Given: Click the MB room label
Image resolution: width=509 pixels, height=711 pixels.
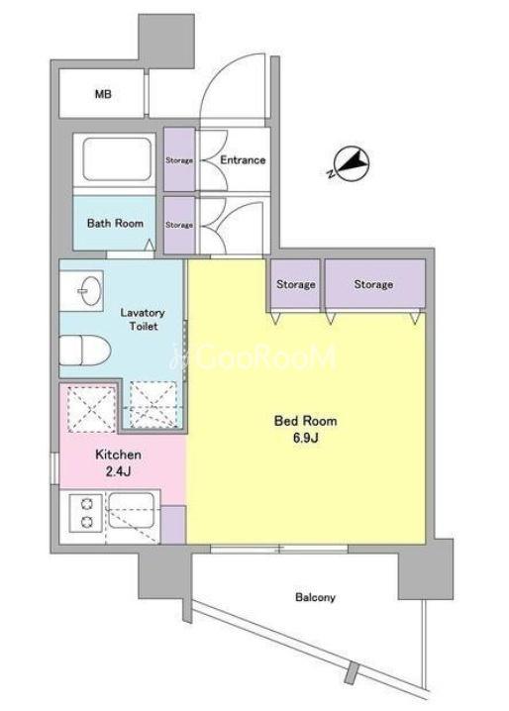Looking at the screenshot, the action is (103, 94).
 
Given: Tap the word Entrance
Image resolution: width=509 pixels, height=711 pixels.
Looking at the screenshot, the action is (243, 160).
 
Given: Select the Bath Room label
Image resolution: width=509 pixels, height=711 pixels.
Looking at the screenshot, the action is (115, 223).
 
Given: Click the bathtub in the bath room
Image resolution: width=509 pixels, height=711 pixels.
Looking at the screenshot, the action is (117, 159).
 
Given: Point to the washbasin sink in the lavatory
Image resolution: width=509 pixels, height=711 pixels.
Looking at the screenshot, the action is (89, 291).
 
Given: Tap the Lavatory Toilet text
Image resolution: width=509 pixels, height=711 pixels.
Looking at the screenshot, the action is (143, 319).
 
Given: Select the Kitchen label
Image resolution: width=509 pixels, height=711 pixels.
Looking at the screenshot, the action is (118, 455).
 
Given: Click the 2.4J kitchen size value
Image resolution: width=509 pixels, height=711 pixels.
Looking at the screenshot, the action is (118, 472).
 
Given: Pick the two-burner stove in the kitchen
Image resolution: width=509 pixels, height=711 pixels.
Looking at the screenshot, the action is (86, 513).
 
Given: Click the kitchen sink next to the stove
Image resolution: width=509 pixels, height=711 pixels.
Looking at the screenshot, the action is (131, 510).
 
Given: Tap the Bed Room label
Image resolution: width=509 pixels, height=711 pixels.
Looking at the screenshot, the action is (305, 421).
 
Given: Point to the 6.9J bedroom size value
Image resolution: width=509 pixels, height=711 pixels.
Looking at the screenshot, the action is (305, 438).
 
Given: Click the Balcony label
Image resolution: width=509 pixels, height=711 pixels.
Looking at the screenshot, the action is (315, 597).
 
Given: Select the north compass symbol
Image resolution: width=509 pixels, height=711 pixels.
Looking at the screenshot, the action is (350, 164).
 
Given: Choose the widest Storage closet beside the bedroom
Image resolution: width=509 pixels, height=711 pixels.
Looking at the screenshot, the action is (374, 285).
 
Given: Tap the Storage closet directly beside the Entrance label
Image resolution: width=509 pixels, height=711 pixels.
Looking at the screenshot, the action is (179, 159).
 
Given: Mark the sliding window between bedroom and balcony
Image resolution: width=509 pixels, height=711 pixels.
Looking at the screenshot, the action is (279, 549).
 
